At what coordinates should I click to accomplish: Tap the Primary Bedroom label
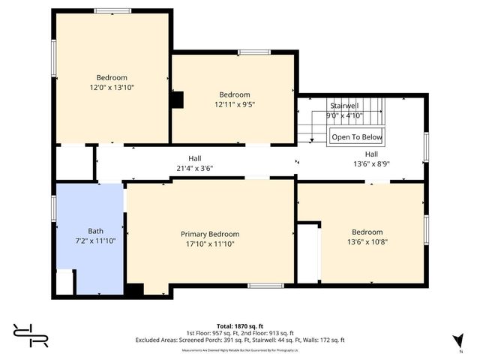coord(209,234)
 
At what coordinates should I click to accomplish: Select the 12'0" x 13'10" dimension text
coord(111,88)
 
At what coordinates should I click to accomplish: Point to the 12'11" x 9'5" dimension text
coord(234,104)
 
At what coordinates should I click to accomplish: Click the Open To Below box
coord(357,136)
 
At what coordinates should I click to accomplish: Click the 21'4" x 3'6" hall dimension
coord(194,168)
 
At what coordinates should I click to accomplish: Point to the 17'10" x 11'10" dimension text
coord(209,243)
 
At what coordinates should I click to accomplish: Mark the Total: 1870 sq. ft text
coord(240,326)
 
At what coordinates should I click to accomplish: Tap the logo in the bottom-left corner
coord(30,334)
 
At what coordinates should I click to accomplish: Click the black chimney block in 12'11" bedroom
coord(177,100)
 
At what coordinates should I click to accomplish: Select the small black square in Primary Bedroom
coord(134,289)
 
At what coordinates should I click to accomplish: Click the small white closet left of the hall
coord(74,162)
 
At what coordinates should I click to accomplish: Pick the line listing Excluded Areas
coord(240,340)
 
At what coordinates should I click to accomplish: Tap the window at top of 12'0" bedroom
coord(112,10)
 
